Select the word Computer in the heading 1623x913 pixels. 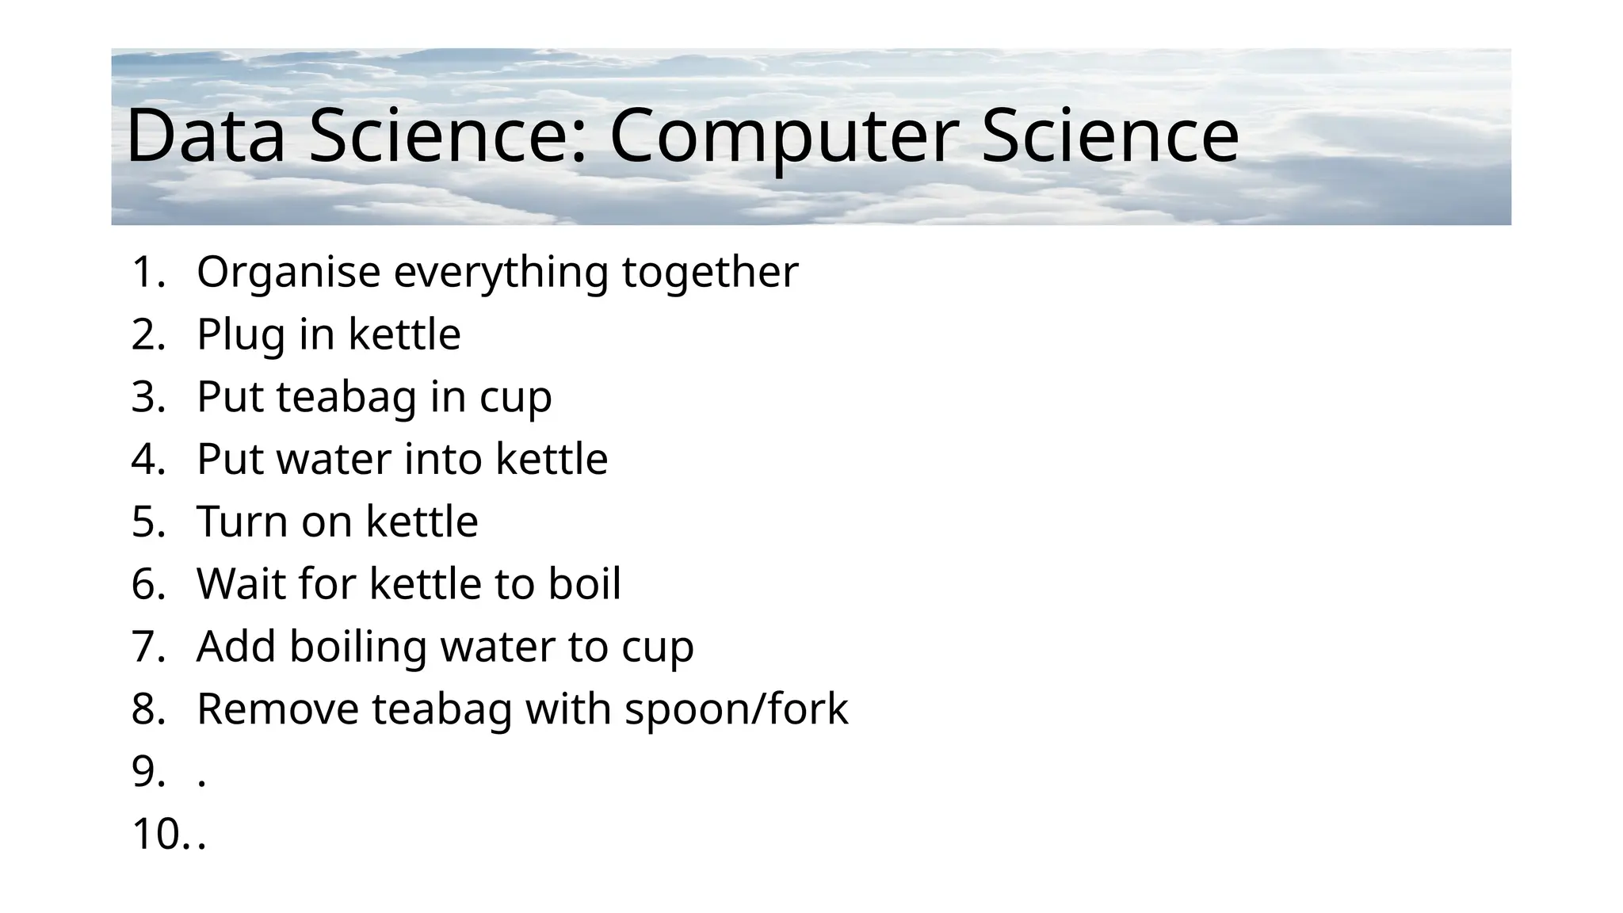pos(785,137)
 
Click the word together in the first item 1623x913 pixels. pos(710,273)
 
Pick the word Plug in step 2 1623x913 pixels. pos(241,335)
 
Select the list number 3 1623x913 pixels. pos(148,397)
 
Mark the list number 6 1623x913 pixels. pos(148,584)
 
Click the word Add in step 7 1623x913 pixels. pos(236,647)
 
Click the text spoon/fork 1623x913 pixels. pos(736,709)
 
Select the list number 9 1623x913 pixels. pos(148,772)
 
